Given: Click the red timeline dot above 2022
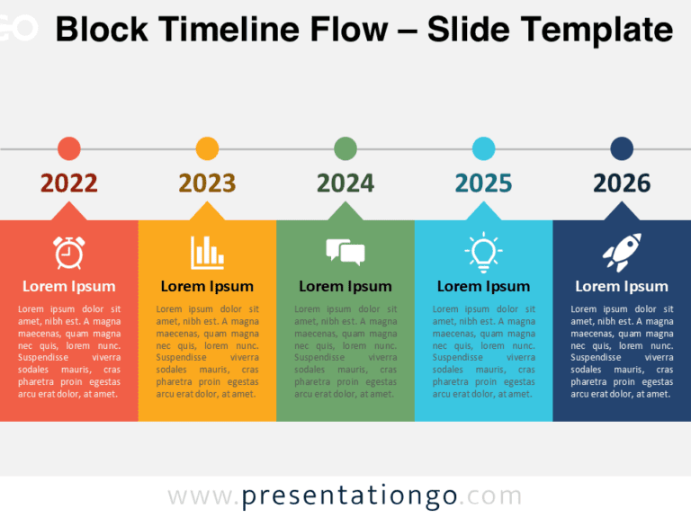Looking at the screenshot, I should coord(68,148).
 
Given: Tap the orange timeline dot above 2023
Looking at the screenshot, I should coord(207,148).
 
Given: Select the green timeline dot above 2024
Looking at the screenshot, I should coord(345,148).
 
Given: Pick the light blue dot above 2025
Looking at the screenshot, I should coord(483,148).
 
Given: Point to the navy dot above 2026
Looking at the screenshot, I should coord(622,148).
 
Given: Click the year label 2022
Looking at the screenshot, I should coord(69,183).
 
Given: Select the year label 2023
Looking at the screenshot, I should coord(207,183).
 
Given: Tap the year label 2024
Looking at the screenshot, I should coord(345,183).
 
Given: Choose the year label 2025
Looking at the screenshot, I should coord(483,183).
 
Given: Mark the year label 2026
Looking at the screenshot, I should coord(622,183).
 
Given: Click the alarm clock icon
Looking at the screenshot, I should coord(68,252).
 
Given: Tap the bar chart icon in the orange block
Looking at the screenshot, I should coord(207,252).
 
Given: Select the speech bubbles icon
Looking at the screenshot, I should coord(345,252).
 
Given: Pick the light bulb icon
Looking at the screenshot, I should coord(483,252).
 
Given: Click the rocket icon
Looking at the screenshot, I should coord(622,252).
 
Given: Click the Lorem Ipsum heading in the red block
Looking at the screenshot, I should coord(69,286).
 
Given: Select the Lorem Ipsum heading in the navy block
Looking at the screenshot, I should coord(622,286).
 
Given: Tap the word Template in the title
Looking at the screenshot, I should coord(595,30).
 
